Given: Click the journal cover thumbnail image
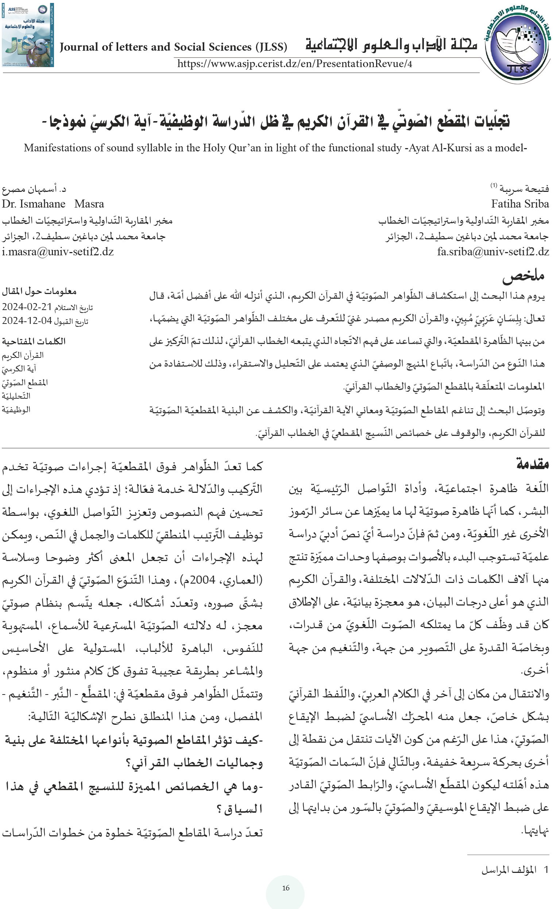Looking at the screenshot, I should pos(28,35).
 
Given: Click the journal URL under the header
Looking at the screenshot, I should pos(294,64).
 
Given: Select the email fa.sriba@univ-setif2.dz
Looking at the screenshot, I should pos(493,252).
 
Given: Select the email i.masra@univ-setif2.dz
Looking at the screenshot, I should pos(58,252).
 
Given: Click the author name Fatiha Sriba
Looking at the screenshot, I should pos(520,204).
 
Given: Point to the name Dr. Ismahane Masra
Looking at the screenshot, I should pos(53,204).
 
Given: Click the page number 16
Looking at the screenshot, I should pos(286,888).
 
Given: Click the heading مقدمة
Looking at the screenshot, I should pos(533,463).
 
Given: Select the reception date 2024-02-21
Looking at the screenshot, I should pos(26,307).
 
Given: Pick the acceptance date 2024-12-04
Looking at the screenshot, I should pos(26,321).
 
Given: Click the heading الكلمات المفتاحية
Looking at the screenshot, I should pos(34,341).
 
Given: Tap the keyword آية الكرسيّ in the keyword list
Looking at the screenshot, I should pos(19,368).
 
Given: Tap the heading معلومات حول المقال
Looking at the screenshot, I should pos(39,291).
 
